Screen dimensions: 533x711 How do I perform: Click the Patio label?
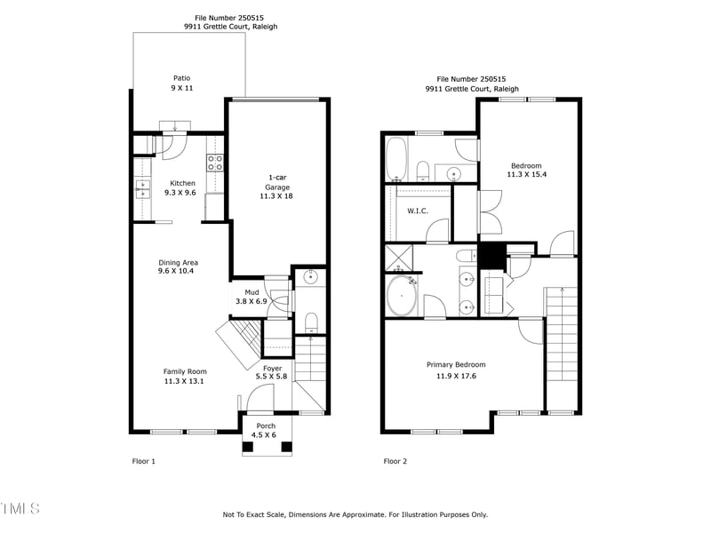181,78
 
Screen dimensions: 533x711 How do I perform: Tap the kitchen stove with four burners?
214,162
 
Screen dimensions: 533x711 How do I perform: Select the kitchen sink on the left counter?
142,187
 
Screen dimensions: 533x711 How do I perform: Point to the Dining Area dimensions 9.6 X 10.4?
177,271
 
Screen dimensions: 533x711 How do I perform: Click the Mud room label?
252,291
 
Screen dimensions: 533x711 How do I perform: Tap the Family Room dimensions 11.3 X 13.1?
184,381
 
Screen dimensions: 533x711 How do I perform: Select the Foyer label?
272,368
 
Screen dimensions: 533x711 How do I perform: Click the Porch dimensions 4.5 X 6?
266,435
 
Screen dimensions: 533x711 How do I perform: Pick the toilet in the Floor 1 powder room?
310,320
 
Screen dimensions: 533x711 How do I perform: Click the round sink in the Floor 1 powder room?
309,277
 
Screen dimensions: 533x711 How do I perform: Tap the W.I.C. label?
418,211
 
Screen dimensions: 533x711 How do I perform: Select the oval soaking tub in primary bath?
403,295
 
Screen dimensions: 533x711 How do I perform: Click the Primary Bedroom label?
456,364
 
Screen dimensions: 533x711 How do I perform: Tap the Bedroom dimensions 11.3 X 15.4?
526,175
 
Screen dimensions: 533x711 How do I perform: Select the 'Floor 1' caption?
143,461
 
